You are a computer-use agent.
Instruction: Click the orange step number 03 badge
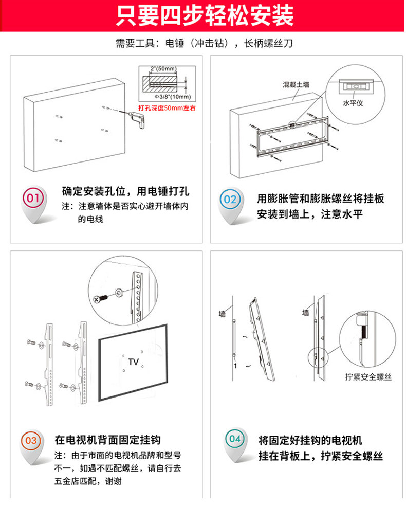coord(31,441)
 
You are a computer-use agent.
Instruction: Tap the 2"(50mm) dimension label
coord(163,68)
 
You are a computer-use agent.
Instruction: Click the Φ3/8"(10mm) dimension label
coord(173,97)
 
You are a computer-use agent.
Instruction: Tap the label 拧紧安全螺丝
coord(368,377)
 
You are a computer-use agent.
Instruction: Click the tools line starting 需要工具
coord(204,44)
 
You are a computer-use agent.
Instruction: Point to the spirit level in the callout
coord(354,86)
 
